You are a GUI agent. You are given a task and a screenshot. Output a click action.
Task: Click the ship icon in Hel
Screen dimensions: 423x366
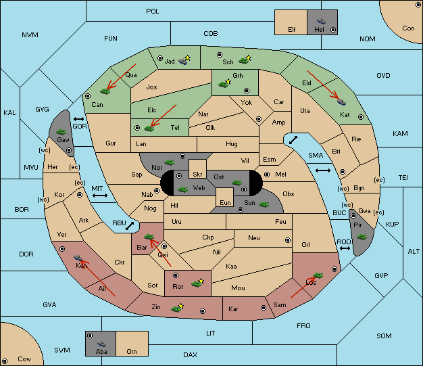[x=321, y=21]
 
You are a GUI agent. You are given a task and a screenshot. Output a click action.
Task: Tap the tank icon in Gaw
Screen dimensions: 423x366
[x=61, y=132]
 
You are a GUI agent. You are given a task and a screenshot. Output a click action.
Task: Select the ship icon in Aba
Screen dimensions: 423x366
[x=101, y=344]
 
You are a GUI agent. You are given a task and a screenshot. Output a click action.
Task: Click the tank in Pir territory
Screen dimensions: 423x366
[x=362, y=237]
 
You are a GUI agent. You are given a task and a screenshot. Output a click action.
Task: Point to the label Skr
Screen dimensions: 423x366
[x=197, y=175]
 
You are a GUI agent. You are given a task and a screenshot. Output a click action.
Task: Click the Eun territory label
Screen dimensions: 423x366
[x=225, y=202]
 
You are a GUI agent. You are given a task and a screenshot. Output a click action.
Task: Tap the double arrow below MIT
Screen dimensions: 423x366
[x=100, y=196]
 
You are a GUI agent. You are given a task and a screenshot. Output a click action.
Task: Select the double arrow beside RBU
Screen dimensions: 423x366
[x=130, y=226]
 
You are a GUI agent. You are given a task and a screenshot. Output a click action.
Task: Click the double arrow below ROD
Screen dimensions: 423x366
[x=345, y=248]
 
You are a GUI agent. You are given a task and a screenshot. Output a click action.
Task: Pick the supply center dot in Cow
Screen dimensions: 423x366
[x=5, y=361]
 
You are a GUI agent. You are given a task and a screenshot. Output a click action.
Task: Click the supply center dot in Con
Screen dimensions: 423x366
[x=418, y=5]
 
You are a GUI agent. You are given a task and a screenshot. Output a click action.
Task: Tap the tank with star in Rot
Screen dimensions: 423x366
[x=197, y=283]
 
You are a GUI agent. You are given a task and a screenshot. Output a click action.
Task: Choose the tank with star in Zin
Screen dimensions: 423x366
[x=177, y=308]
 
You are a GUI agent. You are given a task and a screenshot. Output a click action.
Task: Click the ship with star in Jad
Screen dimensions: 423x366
[x=184, y=60]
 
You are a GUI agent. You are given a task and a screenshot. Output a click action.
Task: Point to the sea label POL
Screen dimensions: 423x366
[x=153, y=12]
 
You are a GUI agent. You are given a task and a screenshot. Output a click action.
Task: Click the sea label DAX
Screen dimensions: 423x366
[x=190, y=354]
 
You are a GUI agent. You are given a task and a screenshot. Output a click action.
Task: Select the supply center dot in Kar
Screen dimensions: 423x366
[x=264, y=308]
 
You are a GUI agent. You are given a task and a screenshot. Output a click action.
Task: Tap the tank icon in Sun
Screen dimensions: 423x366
[x=264, y=204]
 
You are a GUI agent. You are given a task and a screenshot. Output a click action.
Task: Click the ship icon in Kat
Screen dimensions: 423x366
[x=341, y=102]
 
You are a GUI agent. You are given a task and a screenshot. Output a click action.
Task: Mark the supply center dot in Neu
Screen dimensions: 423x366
[x=288, y=240]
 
